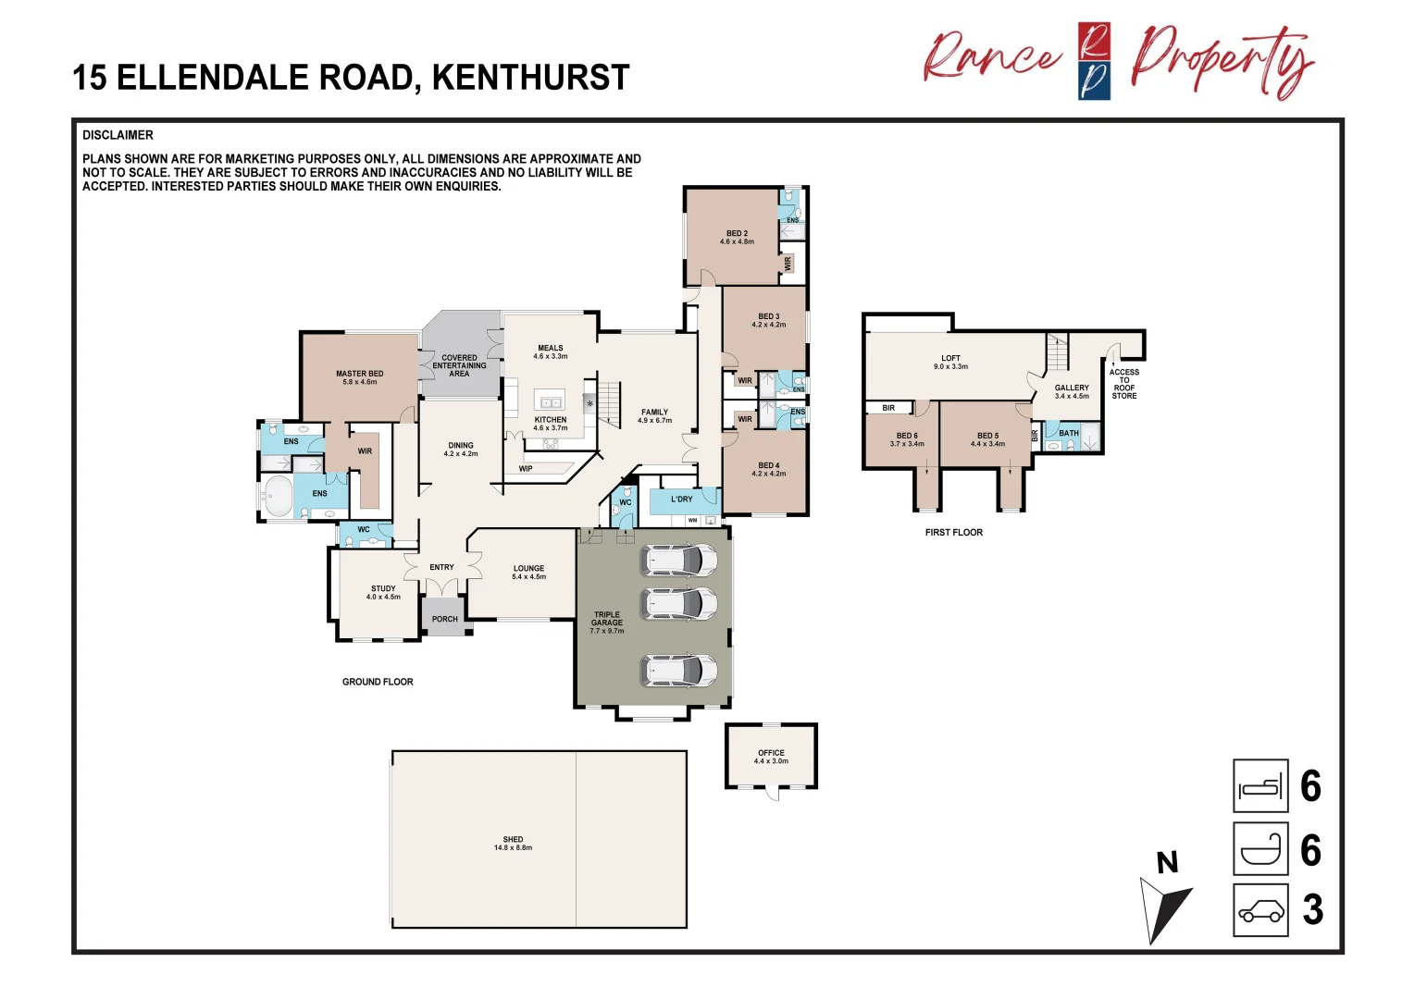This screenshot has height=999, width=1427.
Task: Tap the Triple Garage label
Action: pos(607,622)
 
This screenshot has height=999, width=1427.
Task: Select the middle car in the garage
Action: pos(679,603)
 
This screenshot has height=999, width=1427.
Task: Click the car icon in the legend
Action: pos(1260,910)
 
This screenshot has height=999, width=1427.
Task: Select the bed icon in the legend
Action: pos(1260,786)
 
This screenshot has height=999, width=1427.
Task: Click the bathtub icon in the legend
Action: pos(1260,849)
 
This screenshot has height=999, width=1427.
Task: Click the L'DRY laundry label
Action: pos(681,499)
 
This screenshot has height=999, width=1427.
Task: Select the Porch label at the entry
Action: pos(444,619)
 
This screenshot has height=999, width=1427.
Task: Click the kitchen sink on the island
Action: pos(551,402)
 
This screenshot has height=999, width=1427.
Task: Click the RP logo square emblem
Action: pos(1094,61)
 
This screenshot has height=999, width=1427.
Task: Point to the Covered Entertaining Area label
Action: pos(459,365)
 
